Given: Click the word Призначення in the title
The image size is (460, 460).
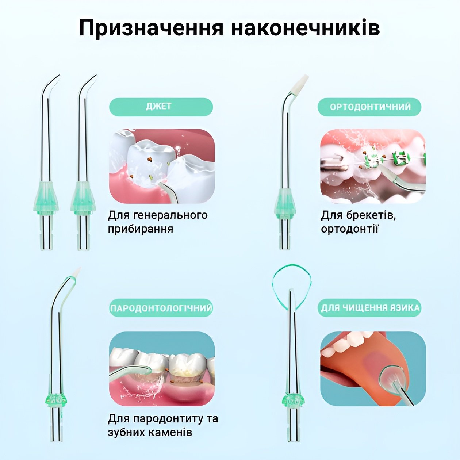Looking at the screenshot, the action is coord(152,28).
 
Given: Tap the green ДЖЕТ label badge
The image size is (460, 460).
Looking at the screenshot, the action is coord(161,107).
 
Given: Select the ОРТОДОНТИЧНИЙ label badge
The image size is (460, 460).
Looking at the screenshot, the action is coord(369,107).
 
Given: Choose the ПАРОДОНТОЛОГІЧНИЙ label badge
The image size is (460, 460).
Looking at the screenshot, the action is coord(161,308).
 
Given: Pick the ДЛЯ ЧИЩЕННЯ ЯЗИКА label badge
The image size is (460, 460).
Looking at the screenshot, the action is coord(369,308).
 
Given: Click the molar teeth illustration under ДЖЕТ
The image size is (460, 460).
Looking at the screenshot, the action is coord(162,166).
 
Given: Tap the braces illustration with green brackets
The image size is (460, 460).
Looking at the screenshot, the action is coord(373,166).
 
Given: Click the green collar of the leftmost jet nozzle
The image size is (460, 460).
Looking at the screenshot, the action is coord(46,196).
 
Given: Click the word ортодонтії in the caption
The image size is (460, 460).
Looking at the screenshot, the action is coord(349,229).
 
